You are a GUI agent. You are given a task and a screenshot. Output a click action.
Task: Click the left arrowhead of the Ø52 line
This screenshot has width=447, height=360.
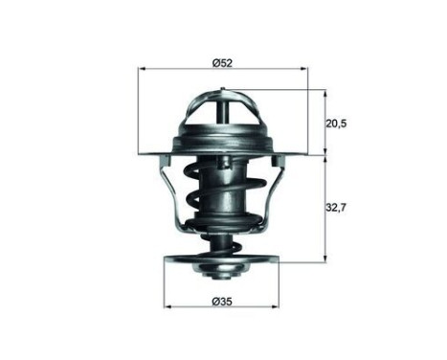click(144, 69)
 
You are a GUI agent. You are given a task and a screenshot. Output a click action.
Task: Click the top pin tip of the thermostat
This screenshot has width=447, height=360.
click(222, 92)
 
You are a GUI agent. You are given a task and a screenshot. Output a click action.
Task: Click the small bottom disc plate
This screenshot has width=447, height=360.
click(222, 259)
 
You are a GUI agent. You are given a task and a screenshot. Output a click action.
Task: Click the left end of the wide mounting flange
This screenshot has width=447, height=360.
click(144, 153)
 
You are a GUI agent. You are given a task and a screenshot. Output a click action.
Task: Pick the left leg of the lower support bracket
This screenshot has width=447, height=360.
click(173, 191)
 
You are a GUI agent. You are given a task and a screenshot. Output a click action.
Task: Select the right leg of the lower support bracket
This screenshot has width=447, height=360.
click(273, 191)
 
